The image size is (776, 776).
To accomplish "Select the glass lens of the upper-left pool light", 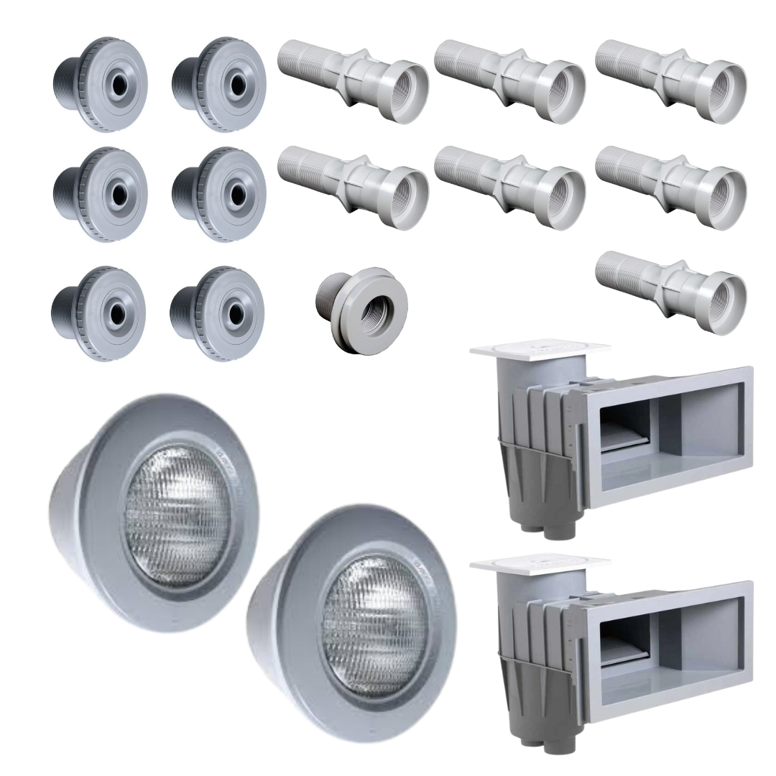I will click(177, 514).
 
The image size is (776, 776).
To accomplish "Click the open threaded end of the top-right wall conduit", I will click(722, 89).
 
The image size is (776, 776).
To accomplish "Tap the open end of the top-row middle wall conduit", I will click(561, 89).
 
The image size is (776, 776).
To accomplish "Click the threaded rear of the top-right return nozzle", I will click(183, 83).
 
